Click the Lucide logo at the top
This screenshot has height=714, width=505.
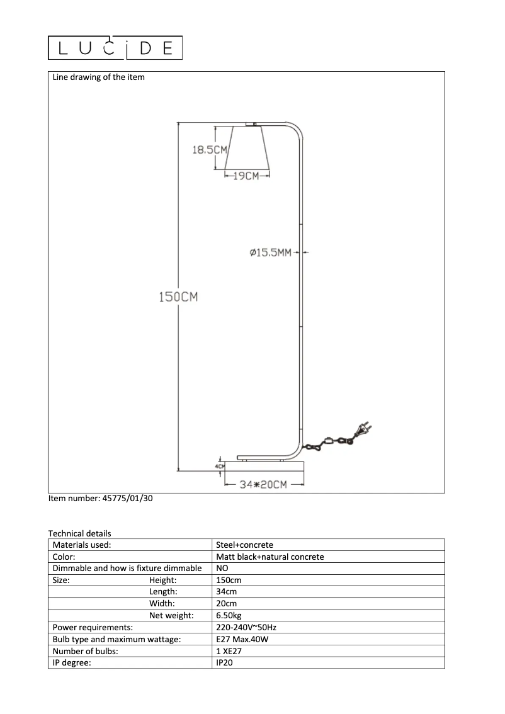click(x=115, y=48)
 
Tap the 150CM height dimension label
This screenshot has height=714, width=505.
click(x=178, y=297)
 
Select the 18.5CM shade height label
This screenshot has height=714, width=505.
click(x=209, y=150)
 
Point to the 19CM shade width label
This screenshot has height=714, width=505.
click(x=246, y=176)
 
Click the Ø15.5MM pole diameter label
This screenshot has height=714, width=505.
click(x=270, y=253)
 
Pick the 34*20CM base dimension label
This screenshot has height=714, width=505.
click(x=264, y=484)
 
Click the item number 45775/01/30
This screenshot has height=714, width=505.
click(x=100, y=499)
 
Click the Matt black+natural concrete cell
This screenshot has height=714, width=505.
click(x=270, y=557)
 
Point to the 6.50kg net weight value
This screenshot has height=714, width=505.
click(x=229, y=616)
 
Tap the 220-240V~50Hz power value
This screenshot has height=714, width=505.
click(x=246, y=628)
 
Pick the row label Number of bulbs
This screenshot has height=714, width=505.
click(x=86, y=651)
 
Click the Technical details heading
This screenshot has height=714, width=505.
click(x=79, y=533)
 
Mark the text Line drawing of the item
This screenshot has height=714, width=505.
click(x=98, y=77)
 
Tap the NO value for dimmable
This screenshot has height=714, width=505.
click(x=222, y=569)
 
